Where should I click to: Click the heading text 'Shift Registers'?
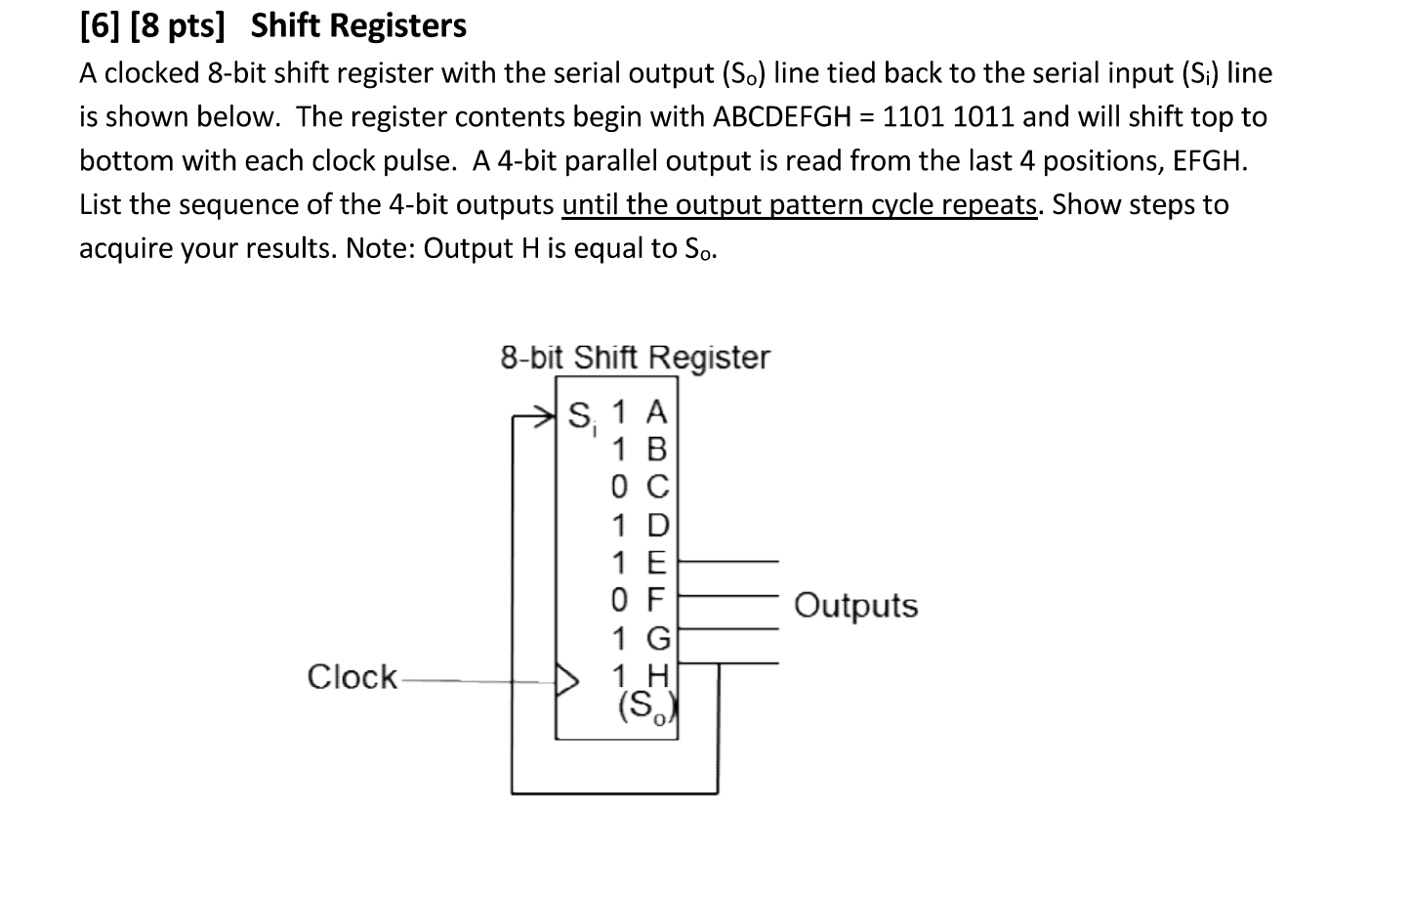pyautogui.click(x=358, y=26)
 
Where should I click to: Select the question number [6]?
pyautogui.click(x=100, y=26)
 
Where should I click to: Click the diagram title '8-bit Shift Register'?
pyautogui.click(x=635, y=358)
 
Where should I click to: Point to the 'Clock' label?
pyautogui.click(x=352, y=676)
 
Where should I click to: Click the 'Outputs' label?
pyautogui.click(x=855, y=606)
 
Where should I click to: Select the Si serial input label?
pyautogui.click(x=581, y=417)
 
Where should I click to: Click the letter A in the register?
pyautogui.click(x=657, y=411)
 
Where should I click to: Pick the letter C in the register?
pyautogui.click(x=657, y=487)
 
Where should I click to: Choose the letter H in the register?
pyautogui.click(x=657, y=675)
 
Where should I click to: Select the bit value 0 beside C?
pyautogui.click(x=619, y=487)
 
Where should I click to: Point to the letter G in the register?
pyautogui.click(x=658, y=639)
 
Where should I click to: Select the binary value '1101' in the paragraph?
pyautogui.click(x=913, y=117)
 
